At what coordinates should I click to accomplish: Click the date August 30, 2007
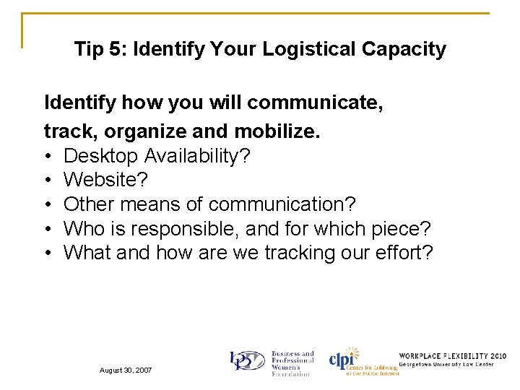click(125, 370)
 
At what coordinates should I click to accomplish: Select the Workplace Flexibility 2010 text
click(452, 356)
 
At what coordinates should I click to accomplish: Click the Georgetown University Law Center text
click(452, 365)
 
